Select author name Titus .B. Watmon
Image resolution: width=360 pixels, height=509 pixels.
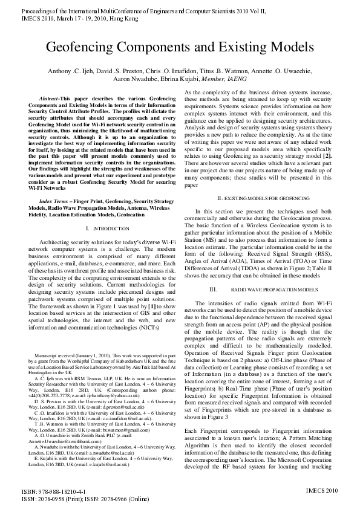click(244, 71)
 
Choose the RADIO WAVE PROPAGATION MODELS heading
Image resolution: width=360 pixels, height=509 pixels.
click(275, 290)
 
